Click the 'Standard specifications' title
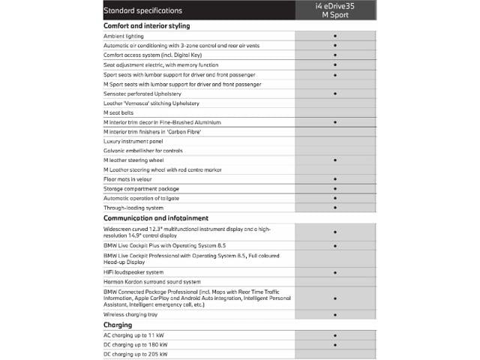point(142,10)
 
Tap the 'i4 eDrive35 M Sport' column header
point(334,10)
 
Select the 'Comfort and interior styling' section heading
point(146,25)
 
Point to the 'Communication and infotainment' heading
point(156,217)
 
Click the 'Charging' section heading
point(118,325)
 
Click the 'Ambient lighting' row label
point(124,35)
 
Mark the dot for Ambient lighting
point(334,35)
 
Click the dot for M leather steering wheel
point(334,160)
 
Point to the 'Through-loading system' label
point(133,208)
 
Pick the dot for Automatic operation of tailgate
point(334,198)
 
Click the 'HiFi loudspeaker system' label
point(133,272)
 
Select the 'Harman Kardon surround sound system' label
point(152,282)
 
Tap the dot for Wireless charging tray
point(334,315)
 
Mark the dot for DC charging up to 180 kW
point(334,344)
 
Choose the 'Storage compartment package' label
point(141,189)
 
